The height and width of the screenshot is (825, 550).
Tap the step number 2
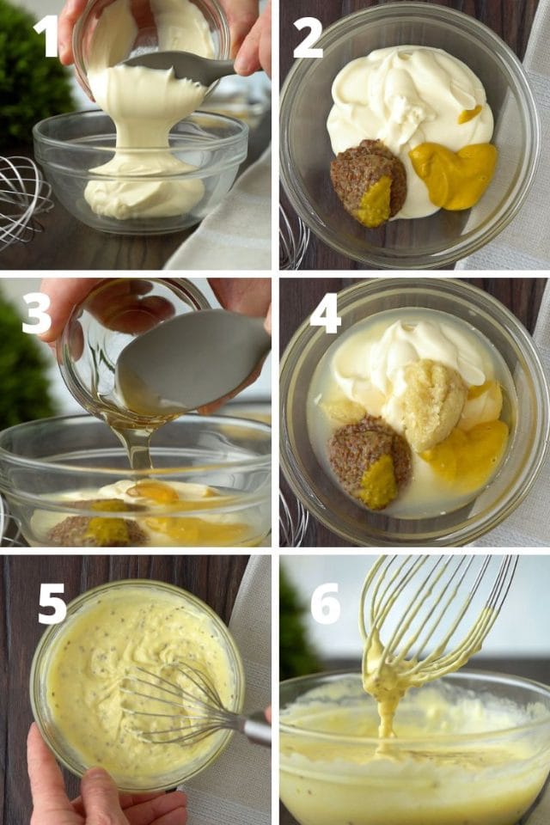pos(307,40)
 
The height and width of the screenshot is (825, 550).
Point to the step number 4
pos(325,314)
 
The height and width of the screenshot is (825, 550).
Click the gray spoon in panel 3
pos(193,361)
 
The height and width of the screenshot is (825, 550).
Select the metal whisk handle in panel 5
pos(256,729)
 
